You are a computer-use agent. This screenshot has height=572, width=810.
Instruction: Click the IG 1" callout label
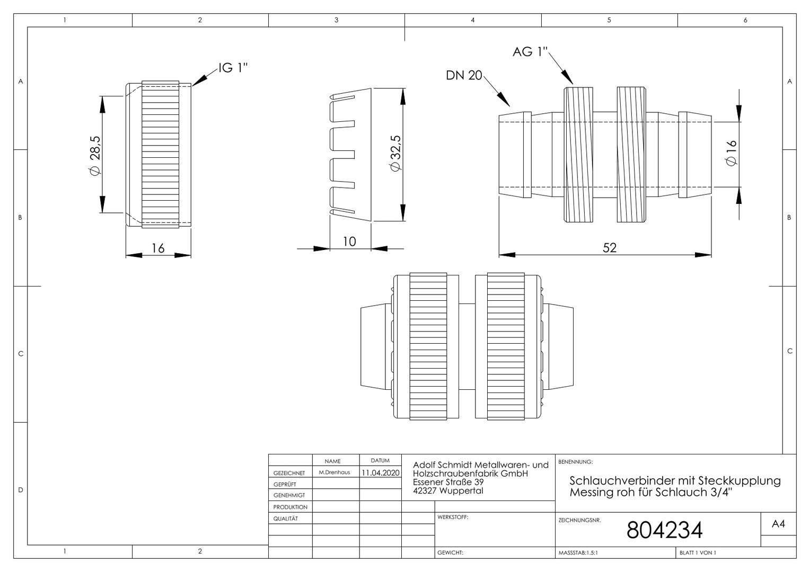(x=233, y=68)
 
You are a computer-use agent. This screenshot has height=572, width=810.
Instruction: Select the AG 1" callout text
(x=530, y=52)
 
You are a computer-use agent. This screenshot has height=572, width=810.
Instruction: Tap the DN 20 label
(x=464, y=75)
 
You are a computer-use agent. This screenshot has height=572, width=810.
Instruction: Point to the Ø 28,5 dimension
(x=95, y=155)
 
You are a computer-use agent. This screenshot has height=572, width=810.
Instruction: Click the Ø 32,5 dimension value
(x=395, y=153)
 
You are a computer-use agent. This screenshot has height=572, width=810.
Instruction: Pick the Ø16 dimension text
(x=731, y=153)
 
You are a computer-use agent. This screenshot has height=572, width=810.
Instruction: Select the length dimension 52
(x=610, y=247)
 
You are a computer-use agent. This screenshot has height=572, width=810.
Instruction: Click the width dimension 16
(x=158, y=248)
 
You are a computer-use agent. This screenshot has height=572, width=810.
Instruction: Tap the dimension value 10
(x=349, y=242)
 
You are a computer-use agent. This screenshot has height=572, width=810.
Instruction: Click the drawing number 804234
(x=664, y=530)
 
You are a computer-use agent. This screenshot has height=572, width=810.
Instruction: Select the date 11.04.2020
(x=381, y=472)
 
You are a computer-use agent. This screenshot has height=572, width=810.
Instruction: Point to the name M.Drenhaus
(x=334, y=472)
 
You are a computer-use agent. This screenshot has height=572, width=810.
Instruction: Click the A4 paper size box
(x=778, y=524)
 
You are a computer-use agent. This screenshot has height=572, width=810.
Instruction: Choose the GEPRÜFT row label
(x=285, y=484)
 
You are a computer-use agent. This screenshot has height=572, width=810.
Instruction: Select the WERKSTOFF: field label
(x=453, y=517)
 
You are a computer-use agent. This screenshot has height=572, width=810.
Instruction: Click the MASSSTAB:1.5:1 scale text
(x=578, y=553)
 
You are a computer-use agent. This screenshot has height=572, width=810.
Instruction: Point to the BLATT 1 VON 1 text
(x=698, y=553)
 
